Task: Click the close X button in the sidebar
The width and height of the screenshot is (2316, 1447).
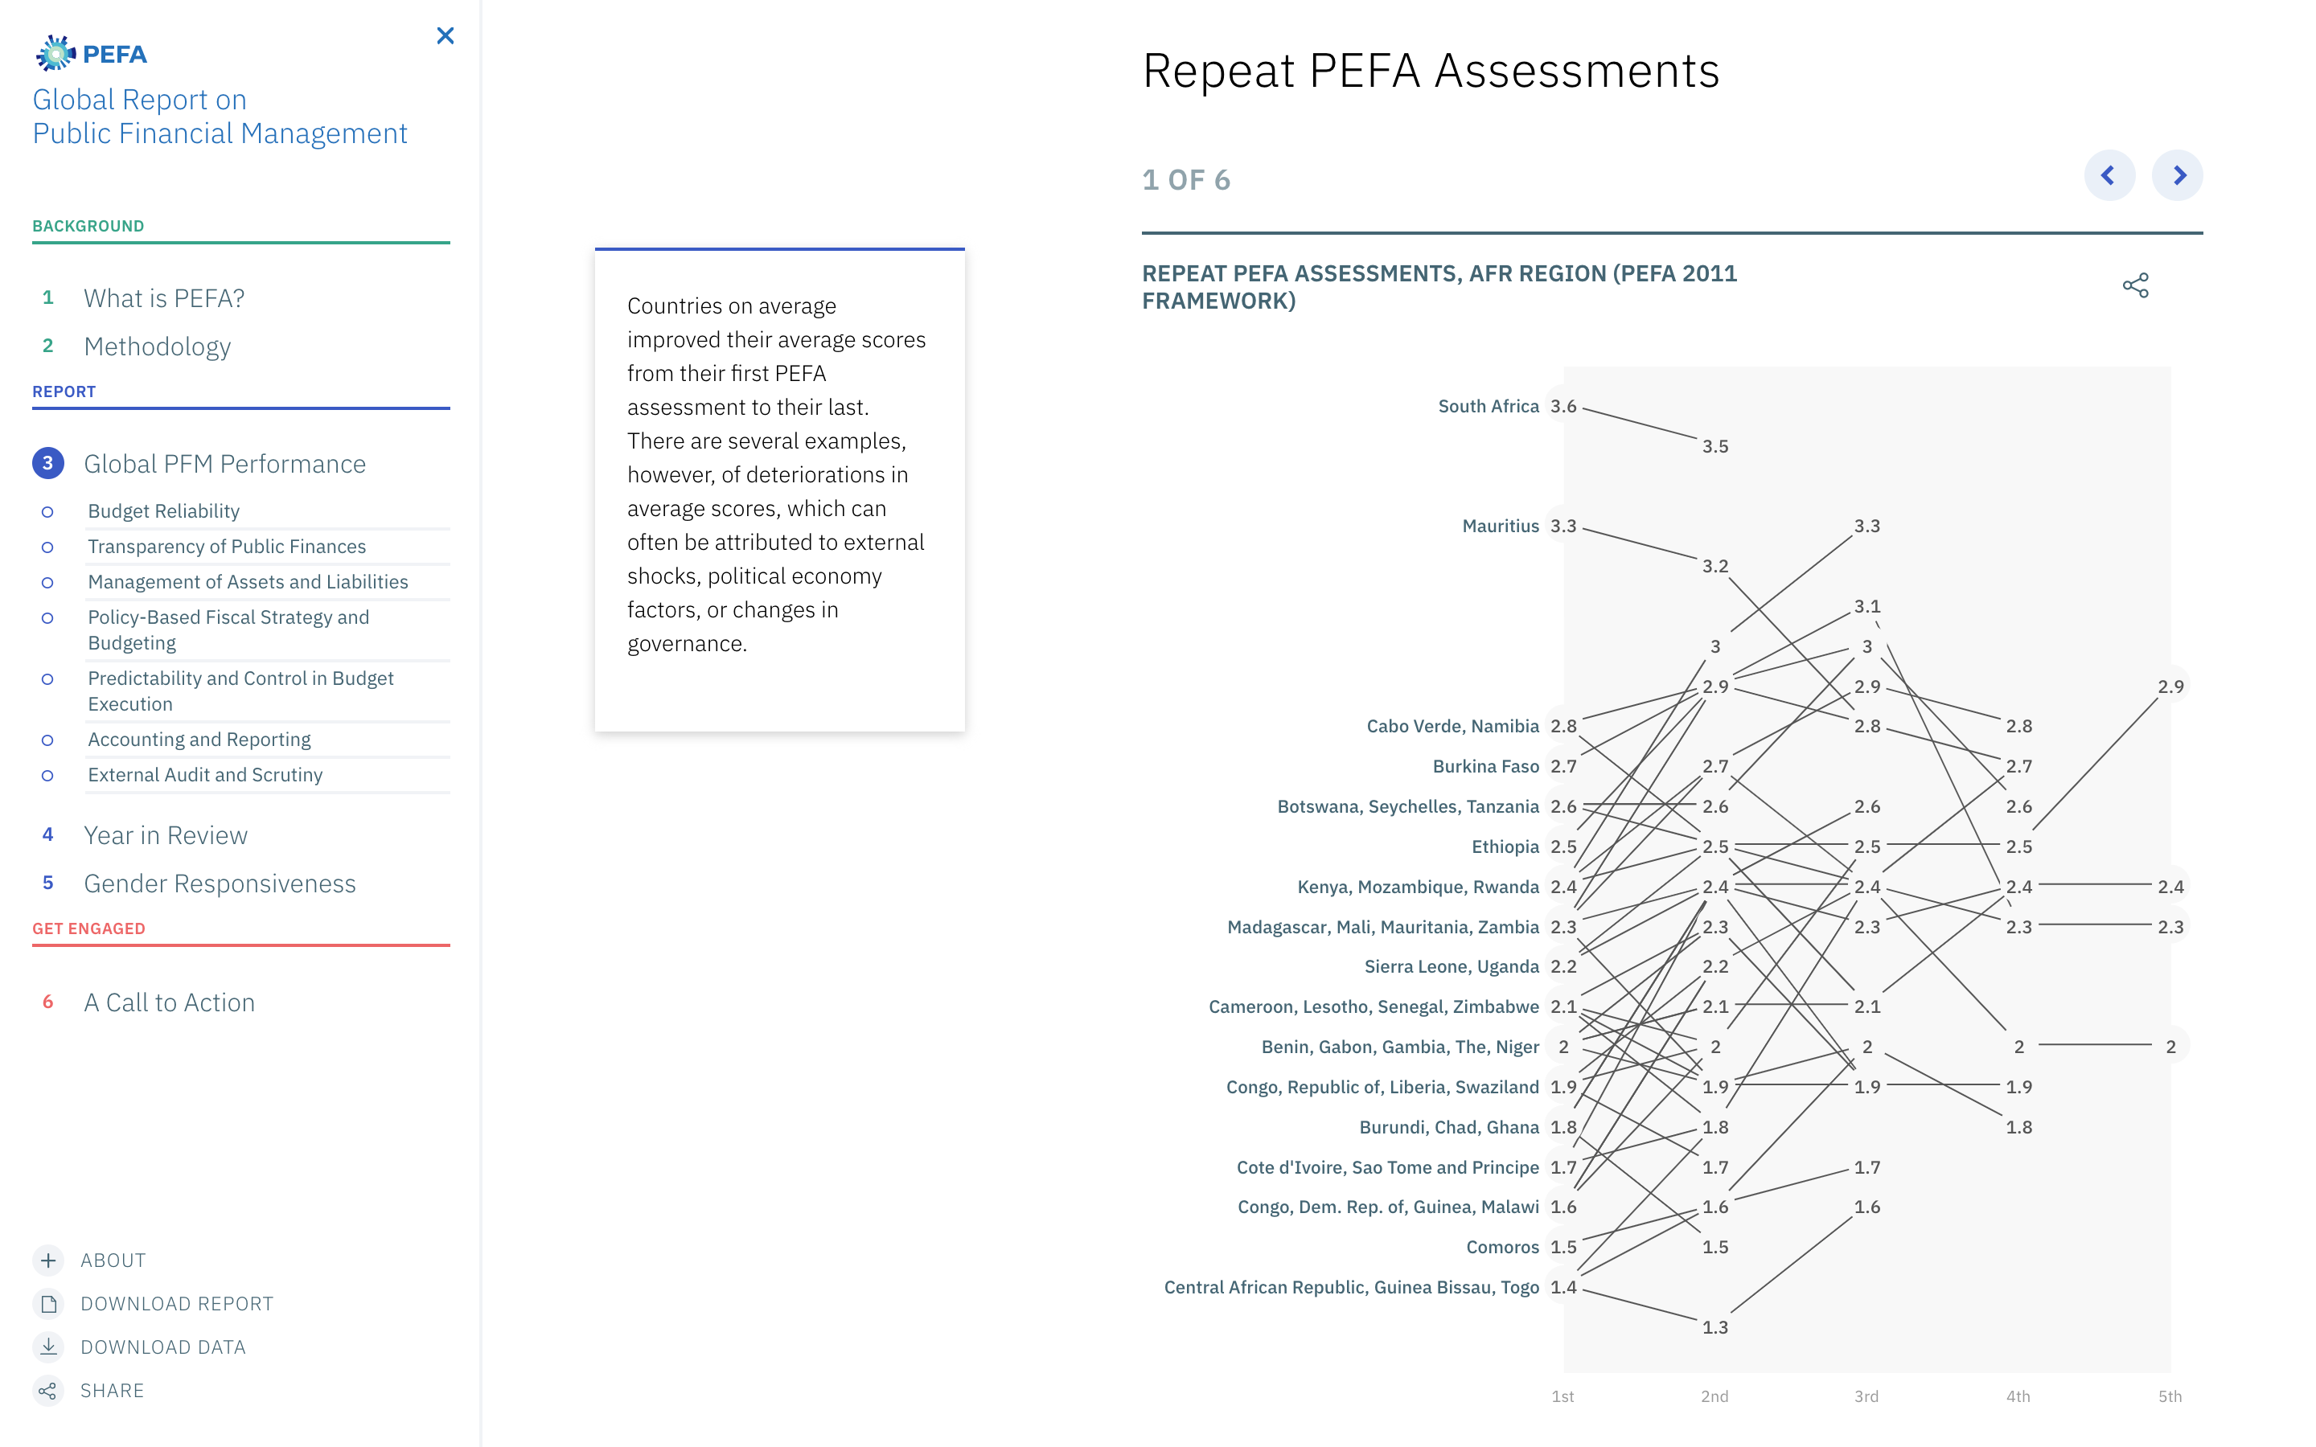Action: pos(445,36)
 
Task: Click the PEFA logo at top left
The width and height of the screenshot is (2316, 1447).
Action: pos(92,54)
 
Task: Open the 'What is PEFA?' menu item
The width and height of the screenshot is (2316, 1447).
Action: pos(164,298)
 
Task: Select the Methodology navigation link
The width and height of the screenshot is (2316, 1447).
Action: pos(157,346)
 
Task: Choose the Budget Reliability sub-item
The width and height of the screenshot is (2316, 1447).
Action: pos(164,511)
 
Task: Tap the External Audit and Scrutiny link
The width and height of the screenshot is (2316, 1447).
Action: pos(205,775)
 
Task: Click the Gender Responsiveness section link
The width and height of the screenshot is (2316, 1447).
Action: pos(220,883)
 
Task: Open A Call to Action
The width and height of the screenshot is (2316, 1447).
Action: pos(170,1002)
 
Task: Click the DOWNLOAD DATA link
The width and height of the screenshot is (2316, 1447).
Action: pos(162,1347)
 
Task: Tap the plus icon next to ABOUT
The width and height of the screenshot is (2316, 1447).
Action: pos(49,1260)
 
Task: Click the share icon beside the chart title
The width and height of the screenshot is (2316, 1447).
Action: pos(2135,285)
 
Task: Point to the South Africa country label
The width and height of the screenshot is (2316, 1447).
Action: pos(1489,407)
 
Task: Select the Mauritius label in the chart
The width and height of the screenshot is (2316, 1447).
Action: pos(1500,527)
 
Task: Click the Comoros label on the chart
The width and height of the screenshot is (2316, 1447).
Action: pos(1501,1247)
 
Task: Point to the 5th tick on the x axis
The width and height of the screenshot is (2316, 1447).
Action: pos(2170,1396)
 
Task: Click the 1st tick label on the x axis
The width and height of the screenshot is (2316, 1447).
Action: pos(1562,1396)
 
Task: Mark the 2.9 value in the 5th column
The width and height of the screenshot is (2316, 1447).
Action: pos(2170,687)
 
